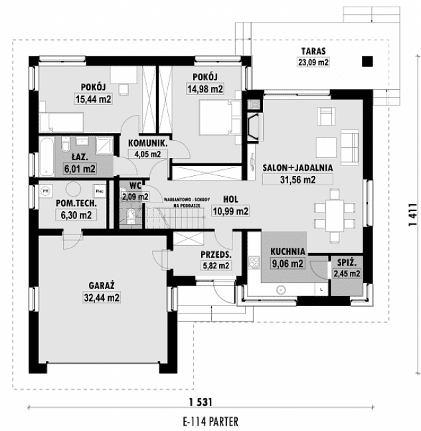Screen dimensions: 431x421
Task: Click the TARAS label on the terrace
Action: pos(313,51)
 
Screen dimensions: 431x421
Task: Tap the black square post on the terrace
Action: pos(367,62)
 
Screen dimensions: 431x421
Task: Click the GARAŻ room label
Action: pos(102,286)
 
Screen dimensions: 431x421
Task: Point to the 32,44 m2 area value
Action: pos(102,298)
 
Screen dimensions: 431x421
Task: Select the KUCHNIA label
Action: pos(288,252)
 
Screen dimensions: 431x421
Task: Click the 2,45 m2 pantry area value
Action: pos(346,273)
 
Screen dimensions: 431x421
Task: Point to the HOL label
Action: pos(230,199)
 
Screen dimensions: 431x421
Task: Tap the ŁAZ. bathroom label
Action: pos(80,157)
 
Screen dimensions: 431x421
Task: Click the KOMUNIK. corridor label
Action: pos(147,143)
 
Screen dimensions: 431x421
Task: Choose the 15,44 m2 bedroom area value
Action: pos(92,99)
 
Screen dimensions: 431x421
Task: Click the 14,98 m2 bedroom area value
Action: pos(206,89)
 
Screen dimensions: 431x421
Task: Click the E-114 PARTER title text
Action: pos(199,421)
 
